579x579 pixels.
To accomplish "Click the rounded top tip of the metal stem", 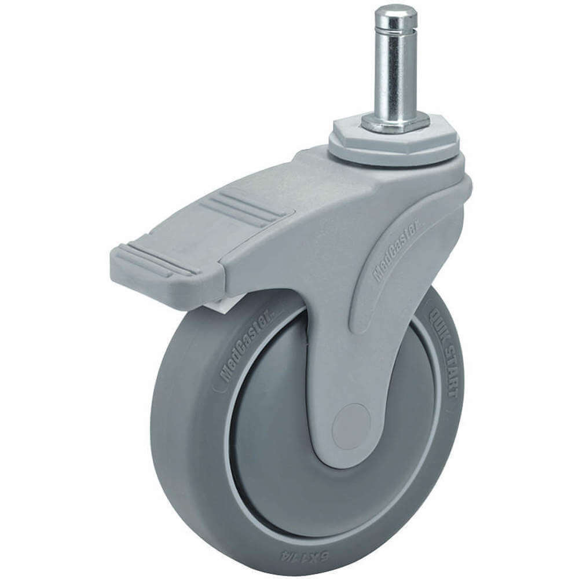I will (x=395, y=12).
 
